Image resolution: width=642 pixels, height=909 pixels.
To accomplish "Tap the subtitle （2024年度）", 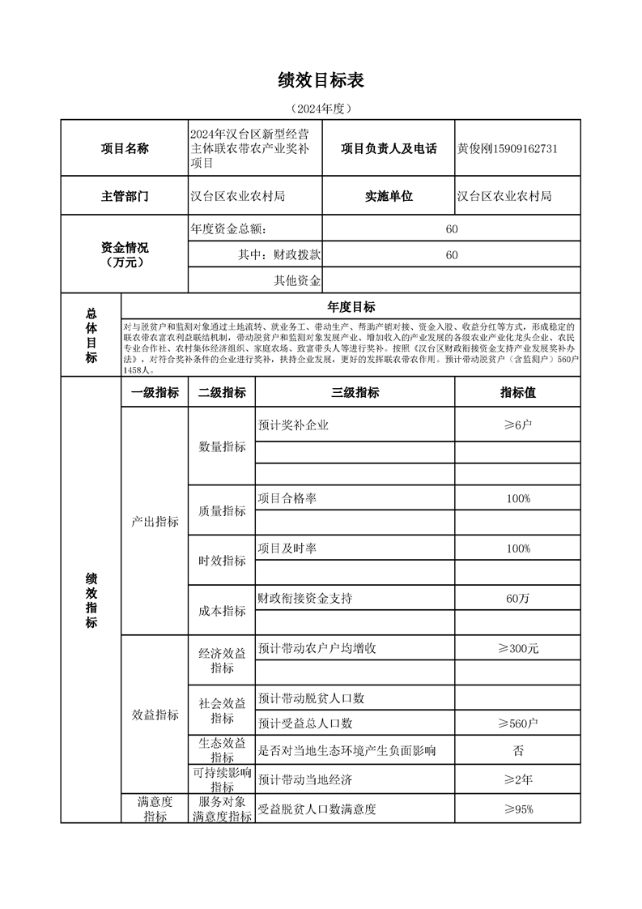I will tap(321, 109).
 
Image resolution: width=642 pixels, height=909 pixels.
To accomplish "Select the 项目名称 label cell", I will tap(124, 148).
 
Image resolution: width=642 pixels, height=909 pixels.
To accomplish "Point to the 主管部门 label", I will tap(124, 196).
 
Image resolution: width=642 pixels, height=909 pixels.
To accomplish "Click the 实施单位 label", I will tap(389, 196).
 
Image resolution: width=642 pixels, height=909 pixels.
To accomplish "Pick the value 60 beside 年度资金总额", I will tap(452, 229).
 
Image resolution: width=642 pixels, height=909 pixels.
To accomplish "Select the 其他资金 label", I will tap(297, 280).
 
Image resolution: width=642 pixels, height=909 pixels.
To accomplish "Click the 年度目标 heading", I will tap(351, 307).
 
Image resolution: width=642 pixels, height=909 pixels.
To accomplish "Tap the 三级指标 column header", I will tap(355, 393).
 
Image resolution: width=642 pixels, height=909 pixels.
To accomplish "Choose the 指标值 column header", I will tap(518, 393).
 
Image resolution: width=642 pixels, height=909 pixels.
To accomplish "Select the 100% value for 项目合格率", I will tap(518, 498).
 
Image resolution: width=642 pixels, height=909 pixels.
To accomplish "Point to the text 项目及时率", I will tap(287, 548).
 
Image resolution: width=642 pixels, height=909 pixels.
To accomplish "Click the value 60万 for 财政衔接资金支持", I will tap(518, 599).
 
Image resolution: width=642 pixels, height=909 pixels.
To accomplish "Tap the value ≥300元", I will tap(518, 649).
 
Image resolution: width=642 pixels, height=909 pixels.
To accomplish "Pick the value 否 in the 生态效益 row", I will tap(518, 750).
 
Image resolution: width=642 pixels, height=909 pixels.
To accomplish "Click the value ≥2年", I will tap(518, 780).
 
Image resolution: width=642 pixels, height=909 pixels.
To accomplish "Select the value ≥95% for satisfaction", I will tap(518, 809).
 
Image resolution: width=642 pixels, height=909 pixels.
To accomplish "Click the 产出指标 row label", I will tap(155, 522).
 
